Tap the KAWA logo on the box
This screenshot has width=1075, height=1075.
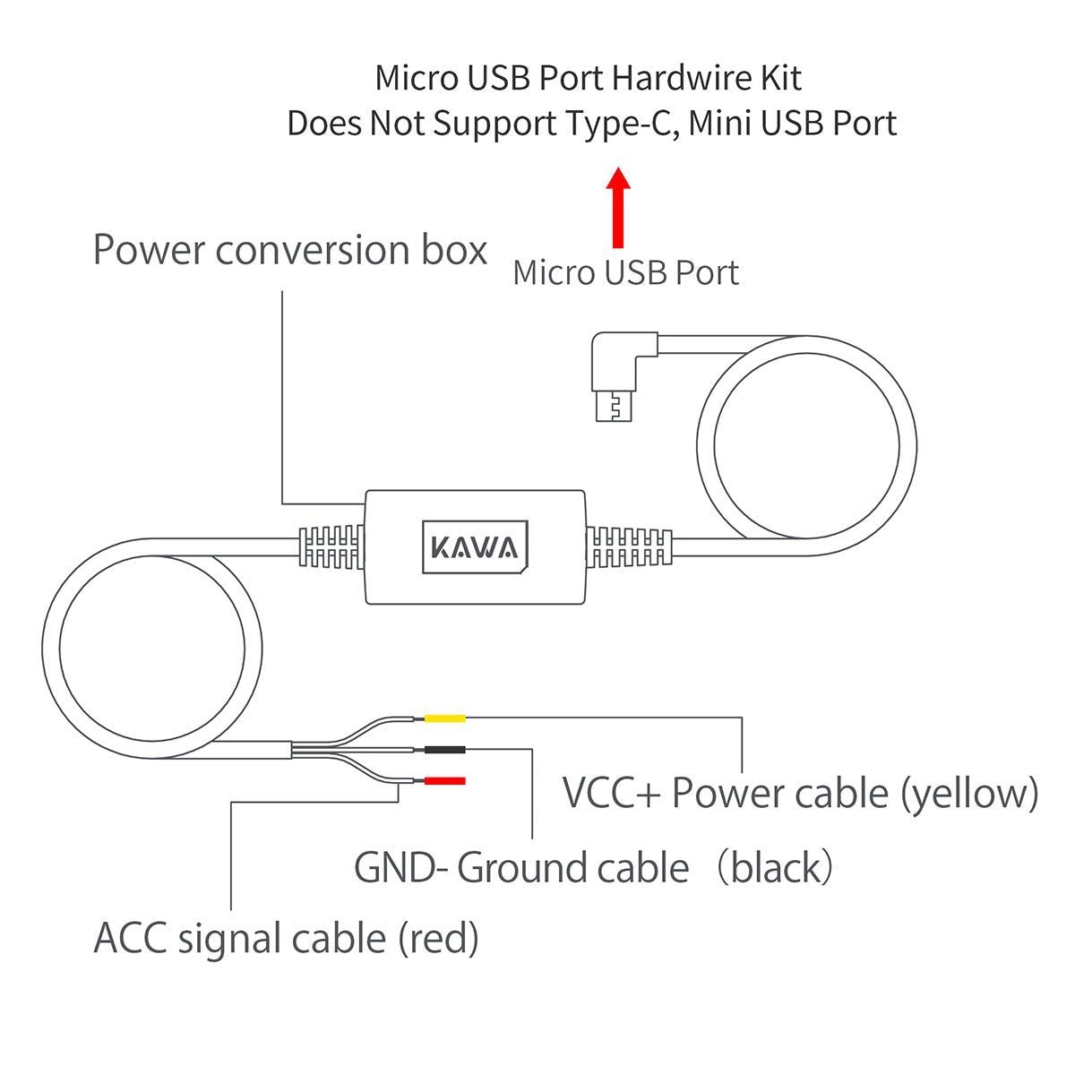click(475, 546)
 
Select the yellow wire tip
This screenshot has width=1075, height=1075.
click(444, 718)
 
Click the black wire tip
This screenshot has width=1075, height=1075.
click(444, 750)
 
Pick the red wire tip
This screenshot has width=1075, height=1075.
click(444, 781)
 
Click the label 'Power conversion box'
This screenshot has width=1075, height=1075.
click(290, 250)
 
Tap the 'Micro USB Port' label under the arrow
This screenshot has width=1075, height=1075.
click(625, 273)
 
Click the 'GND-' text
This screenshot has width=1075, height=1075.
click(400, 868)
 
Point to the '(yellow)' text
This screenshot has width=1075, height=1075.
click(969, 795)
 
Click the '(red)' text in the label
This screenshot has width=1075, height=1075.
click(438, 940)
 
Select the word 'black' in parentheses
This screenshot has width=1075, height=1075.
click(777, 868)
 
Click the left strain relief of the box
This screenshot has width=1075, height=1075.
click(331, 546)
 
